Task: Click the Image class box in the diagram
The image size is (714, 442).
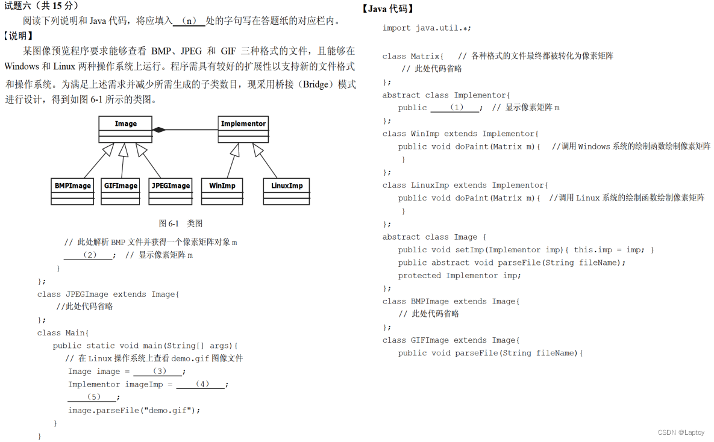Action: pos(125,129)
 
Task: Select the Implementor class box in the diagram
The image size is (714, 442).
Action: pos(243,129)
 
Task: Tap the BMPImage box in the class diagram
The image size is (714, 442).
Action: pos(72,190)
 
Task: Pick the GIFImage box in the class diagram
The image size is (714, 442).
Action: pos(121,190)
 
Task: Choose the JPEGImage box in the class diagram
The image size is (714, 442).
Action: pos(171,190)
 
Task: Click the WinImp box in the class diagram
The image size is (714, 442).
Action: pos(222,190)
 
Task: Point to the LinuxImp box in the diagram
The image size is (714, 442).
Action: pos(286,190)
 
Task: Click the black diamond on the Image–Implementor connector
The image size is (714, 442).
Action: pos(158,129)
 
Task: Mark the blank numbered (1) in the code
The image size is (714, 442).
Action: pos(456,108)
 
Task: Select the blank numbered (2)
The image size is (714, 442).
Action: pos(89,255)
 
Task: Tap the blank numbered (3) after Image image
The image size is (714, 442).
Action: pos(158,372)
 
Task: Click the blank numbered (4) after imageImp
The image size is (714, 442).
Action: pos(201,384)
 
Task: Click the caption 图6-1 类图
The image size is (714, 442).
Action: pos(181,223)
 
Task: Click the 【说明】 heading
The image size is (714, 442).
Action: pos(18,36)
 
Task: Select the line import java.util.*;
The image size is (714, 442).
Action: pos(427,28)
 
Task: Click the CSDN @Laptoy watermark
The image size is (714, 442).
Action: pos(681,432)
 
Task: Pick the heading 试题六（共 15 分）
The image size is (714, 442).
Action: pos(41,6)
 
